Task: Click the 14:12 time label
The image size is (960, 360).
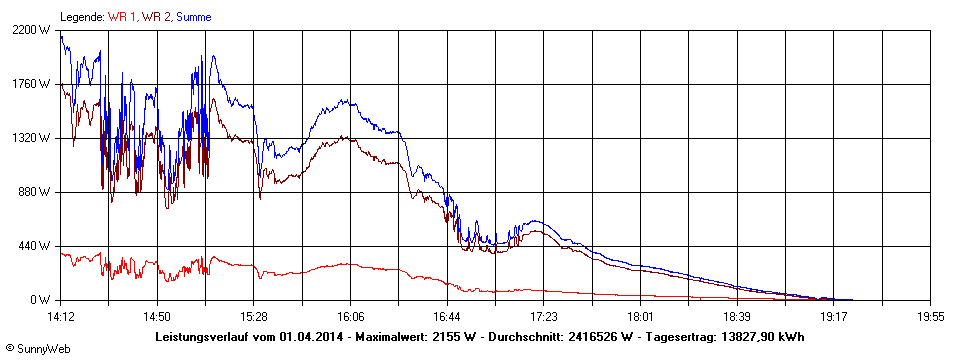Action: point(61,316)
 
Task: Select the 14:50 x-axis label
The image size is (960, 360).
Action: point(157,316)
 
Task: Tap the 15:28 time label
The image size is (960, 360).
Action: point(254,316)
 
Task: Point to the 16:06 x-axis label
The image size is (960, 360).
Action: point(351,316)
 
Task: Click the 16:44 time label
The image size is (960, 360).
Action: point(447,316)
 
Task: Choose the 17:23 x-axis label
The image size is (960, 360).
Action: point(544,316)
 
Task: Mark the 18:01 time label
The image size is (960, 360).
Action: point(641,316)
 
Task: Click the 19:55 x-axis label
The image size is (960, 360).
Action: point(930,316)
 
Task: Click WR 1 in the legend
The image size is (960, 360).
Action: point(123,17)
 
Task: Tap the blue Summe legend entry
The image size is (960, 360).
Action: point(194,17)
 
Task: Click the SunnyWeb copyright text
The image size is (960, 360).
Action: point(38,349)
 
